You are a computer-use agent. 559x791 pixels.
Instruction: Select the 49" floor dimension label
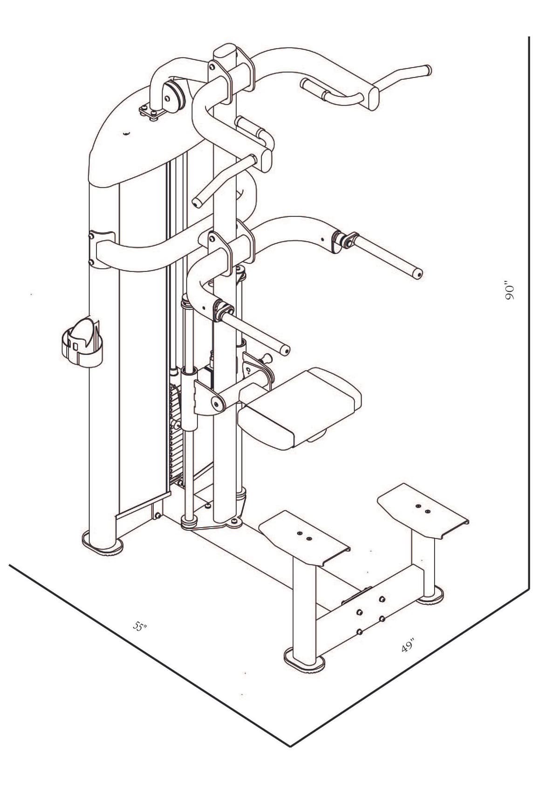408,647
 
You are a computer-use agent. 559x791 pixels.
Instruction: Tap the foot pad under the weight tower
102,544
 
